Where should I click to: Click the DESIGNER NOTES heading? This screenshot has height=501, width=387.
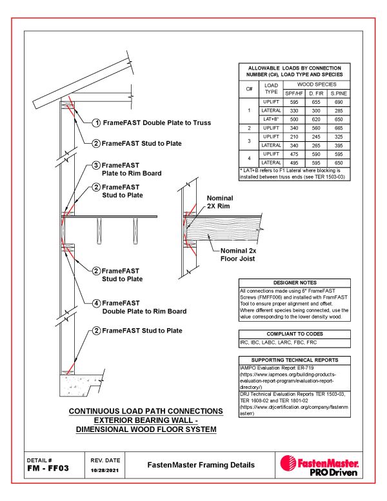[x=295, y=282]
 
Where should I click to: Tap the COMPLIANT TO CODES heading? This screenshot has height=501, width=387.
[x=295, y=333]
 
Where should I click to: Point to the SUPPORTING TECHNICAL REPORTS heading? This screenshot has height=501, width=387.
[x=295, y=359]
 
